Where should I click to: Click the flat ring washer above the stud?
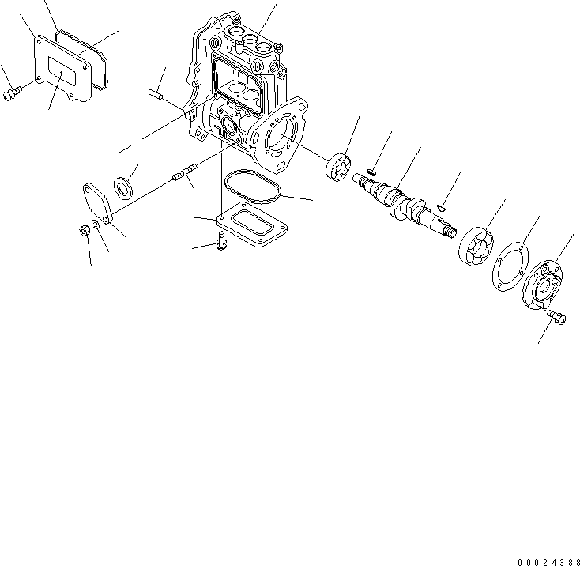click(124, 187)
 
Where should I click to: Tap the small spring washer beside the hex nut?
click(95, 226)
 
